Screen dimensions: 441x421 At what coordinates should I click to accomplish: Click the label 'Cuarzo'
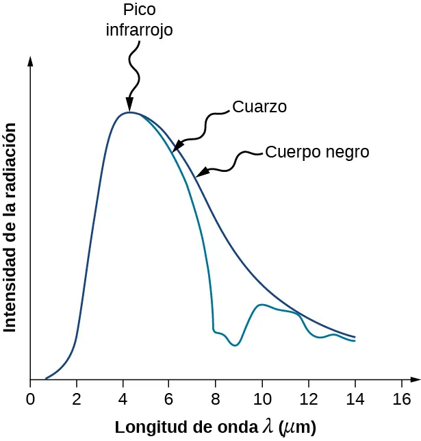(259, 108)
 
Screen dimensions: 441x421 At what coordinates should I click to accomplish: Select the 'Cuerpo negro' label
(317, 152)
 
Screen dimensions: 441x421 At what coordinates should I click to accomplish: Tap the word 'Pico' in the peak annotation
(139, 10)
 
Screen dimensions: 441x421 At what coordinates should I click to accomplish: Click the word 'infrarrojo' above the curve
(139, 30)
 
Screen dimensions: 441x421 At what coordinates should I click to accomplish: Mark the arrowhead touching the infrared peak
(130, 106)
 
